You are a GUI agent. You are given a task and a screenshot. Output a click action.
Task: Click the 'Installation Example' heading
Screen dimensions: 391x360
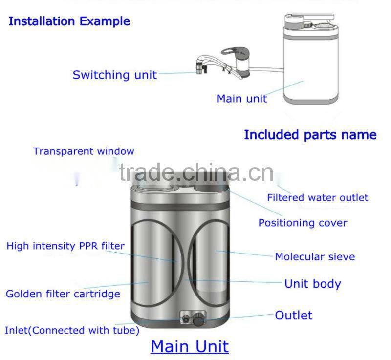click(x=69, y=21)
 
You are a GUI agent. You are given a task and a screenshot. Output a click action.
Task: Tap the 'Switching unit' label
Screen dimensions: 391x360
click(x=115, y=75)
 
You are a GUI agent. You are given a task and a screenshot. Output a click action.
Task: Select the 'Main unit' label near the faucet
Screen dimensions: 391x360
click(x=241, y=99)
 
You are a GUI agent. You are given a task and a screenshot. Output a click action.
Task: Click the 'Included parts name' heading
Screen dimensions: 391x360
click(x=310, y=135)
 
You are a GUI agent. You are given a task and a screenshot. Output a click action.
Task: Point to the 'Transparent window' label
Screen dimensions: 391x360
click(x=84, y=151)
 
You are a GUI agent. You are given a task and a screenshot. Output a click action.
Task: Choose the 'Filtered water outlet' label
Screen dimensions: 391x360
click(x=317, y=198)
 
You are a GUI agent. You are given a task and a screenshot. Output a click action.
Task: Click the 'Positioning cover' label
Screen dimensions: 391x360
click(x=303, y=223)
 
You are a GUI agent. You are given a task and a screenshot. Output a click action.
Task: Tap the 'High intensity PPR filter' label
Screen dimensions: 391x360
click(x=65, y=246)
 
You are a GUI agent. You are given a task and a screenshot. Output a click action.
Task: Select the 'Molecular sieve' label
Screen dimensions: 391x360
click(x=315, y=256)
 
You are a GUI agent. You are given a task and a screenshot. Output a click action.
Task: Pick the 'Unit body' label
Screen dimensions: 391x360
click(x=312, y=284)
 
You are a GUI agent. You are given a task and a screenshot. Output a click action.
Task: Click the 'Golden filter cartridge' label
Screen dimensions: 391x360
click(x=63, y=294)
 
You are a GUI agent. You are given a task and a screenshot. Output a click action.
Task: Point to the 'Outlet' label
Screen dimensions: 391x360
click(x=293, y=315)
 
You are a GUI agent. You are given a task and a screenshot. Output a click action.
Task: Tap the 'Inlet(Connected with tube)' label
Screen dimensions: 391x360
click(x=72, y=330)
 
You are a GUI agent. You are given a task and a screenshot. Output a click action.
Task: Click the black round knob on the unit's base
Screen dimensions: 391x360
click(x=199, y=320)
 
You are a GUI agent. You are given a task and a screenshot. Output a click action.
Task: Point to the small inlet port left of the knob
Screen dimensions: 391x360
click(x=186, y=319)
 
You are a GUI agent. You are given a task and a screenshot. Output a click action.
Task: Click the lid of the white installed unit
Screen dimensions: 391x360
click(x=309, y=21)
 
